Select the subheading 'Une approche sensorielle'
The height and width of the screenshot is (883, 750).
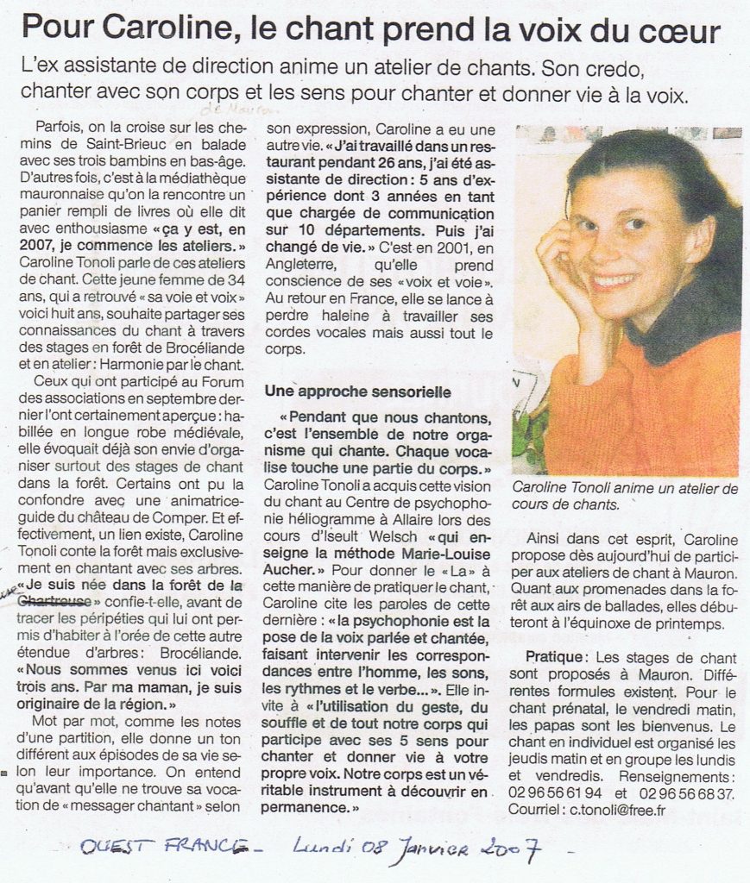(x=357, y=391)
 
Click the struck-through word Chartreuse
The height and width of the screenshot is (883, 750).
(x=56, y=601)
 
